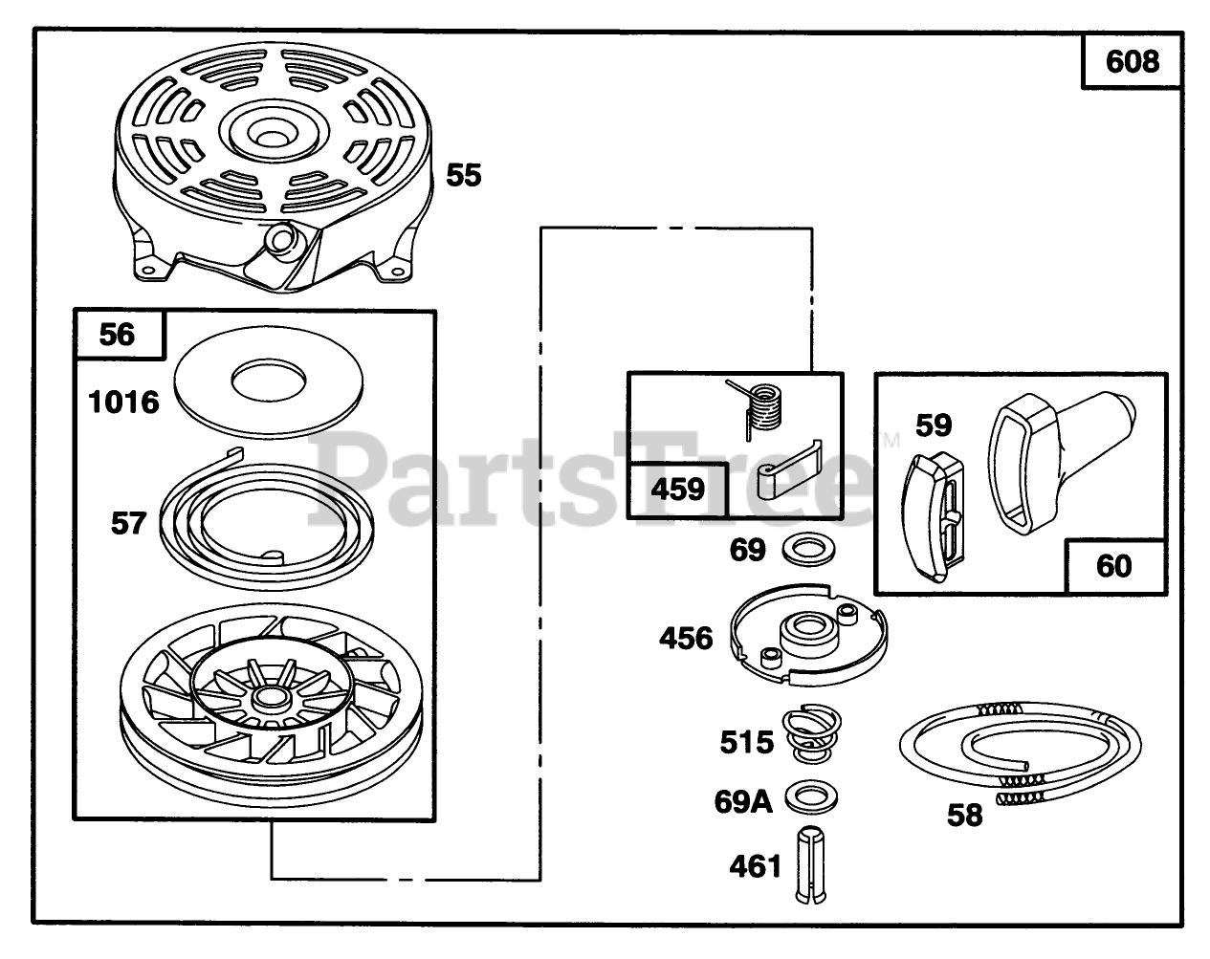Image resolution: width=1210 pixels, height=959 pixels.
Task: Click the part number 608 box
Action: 1131,62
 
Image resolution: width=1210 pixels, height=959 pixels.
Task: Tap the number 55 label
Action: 464,175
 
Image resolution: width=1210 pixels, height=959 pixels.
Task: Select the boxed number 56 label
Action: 118,334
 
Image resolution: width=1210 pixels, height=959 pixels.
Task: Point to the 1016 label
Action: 123,401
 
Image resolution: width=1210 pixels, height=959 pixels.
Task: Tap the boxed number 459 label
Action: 677,490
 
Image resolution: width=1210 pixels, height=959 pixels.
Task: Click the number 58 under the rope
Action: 964,815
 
